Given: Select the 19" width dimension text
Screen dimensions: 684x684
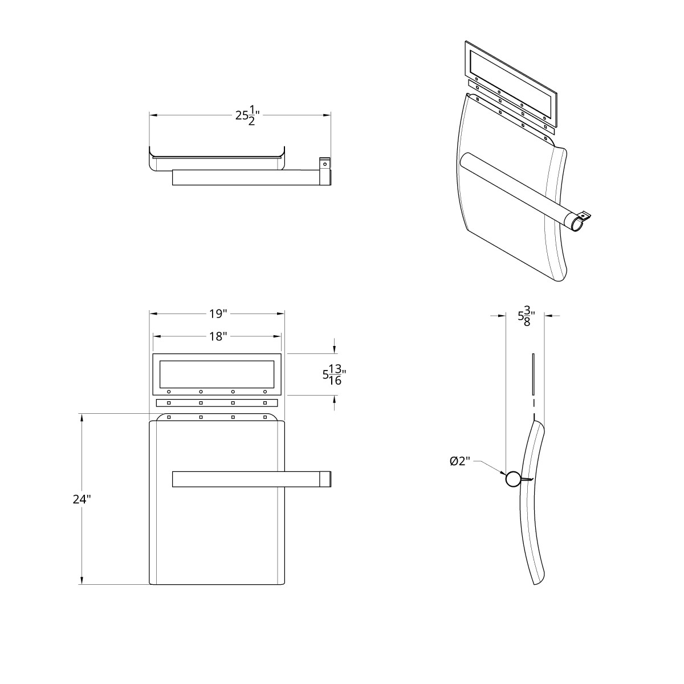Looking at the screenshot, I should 217,313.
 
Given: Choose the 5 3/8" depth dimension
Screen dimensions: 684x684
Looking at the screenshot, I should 525,315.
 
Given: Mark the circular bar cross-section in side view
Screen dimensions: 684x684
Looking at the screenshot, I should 512,479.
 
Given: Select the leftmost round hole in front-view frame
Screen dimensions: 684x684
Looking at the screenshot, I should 169,392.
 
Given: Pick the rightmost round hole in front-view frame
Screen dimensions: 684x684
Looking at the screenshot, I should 265,392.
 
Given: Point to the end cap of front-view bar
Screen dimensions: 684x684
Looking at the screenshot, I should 325,479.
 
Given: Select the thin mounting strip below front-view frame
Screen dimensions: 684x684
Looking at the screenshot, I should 217,403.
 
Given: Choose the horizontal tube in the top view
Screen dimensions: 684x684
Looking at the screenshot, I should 245,177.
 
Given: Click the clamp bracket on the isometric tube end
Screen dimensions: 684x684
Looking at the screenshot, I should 585,217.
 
